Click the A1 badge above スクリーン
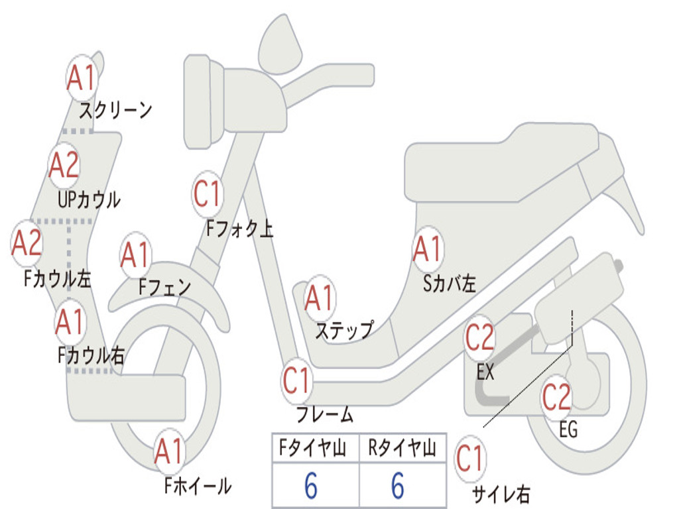tap(82, 79)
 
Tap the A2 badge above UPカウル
tap(64, 166)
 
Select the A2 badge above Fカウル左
tap(27, 243)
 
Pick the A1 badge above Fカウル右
tap(70, 322)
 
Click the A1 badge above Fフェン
tap(136, 256)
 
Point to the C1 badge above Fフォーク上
tap(208, 195)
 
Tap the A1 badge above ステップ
tap(320, 299)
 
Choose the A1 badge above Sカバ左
tap(427, 250)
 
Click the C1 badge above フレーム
tap(296, 381)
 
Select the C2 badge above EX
tap(479, 339)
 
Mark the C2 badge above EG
tap(556, 397)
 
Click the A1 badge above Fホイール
tap(169, 453)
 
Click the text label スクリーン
tap(116, 110)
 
